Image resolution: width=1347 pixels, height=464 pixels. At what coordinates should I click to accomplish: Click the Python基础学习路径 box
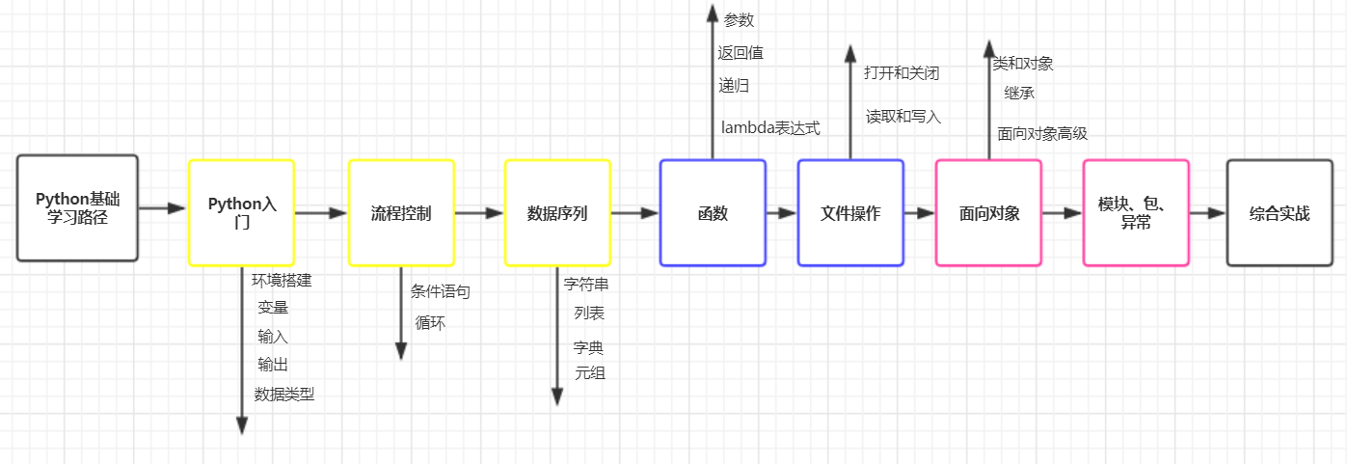tap(77, 207)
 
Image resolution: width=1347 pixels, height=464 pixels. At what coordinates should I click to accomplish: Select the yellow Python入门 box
tap(241, 212)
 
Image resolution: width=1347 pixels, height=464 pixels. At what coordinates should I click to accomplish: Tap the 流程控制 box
tap(401, 212)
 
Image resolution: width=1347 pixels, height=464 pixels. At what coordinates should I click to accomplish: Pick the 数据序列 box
tap(557, 212)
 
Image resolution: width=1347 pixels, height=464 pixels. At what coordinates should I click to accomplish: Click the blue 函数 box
tap(713, 212)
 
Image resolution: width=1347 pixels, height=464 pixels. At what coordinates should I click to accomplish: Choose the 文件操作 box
tap(850, 212)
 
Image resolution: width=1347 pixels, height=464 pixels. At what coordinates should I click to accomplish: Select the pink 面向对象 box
tap(988, 212)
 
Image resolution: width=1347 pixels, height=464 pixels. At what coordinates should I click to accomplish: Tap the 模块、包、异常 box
tap(1136, 212)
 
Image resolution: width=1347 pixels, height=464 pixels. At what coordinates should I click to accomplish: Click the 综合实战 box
tap(1280, 212)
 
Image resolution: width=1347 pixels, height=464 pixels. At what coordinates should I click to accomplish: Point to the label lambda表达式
tap(770, 127)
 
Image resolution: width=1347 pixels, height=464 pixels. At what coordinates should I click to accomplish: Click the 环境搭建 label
tap(282, 281)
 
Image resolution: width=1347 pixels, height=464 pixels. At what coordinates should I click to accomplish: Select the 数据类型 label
tap(284, 394)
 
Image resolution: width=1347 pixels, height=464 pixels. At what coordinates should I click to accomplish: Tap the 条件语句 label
tap(441, 290)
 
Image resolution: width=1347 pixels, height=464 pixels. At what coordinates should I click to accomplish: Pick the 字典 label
tap(588, 347)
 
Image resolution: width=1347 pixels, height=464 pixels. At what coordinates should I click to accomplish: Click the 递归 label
tap(734, 85)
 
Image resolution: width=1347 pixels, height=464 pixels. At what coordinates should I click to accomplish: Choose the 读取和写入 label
tap(903, 117)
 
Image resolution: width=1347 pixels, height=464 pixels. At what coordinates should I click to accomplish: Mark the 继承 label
tap(1019, 94)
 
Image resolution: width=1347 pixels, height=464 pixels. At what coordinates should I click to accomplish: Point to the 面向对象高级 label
tap(1042, 134)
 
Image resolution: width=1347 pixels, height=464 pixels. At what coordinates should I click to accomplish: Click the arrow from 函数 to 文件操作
tap(782, 213)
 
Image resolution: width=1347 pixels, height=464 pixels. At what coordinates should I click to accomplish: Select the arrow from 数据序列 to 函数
tap(635, 213)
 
